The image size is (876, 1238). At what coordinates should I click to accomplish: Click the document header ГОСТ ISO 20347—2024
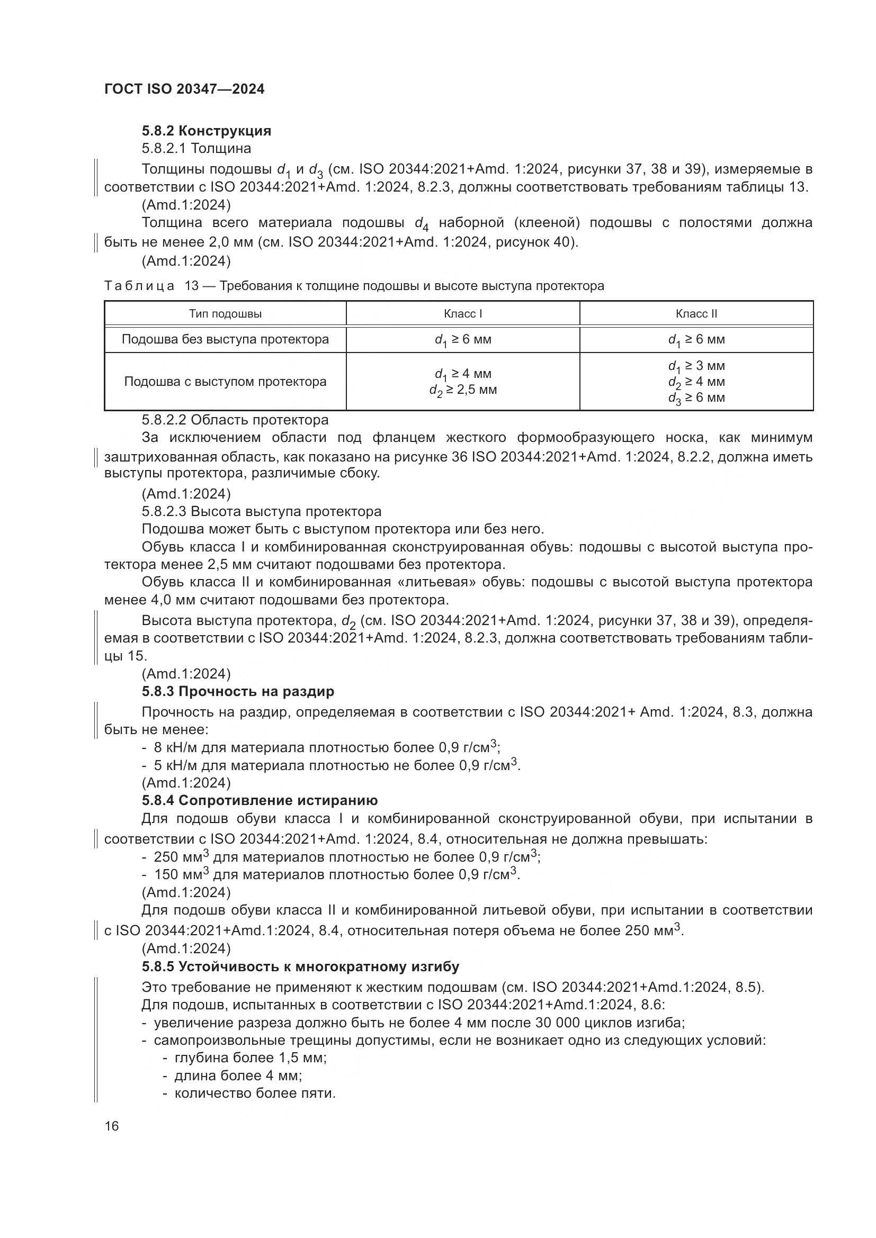point(184,89)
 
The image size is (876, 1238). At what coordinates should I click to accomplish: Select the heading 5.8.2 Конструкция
point(206,131)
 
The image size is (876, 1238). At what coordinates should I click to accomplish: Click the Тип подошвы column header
point(226,314)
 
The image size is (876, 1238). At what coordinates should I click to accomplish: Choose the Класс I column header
point(462,314)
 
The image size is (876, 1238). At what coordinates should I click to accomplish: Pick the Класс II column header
point(696,314)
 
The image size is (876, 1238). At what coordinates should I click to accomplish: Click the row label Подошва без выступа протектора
point(225,339)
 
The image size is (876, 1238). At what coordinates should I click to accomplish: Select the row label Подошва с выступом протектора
point(225,382)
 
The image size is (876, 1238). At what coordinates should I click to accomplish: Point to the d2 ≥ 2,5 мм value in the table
point(462,390)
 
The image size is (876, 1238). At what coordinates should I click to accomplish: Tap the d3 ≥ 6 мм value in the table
point(696,398)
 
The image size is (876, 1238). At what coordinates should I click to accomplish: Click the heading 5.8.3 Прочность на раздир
point(238,691)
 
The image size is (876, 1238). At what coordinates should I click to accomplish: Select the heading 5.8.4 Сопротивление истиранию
point(260,800)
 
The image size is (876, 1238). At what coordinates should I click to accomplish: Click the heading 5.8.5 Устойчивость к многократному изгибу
point(300,966)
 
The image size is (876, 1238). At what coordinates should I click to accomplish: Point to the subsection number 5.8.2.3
point(164,511)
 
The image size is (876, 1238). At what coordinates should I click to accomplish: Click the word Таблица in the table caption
point(139,286)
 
